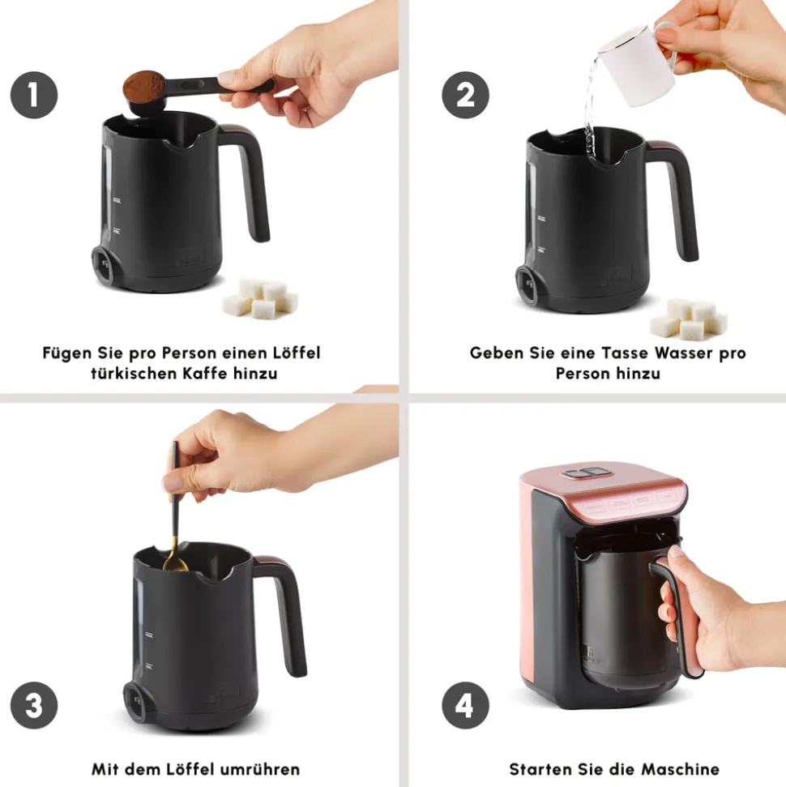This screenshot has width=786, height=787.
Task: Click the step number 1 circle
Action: click(34, 95)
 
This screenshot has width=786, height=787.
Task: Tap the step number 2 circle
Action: click(465, 95)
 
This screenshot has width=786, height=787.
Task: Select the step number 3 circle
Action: click(34, 705)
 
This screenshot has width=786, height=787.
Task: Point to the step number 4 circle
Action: click(465, 705)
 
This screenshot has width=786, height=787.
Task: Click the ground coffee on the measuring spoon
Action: click(144, 86)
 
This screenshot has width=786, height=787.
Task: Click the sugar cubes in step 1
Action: click(260, 298)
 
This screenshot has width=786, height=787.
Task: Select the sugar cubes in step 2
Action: click(689, 319)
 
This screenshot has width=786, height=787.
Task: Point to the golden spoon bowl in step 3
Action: click(175, 565)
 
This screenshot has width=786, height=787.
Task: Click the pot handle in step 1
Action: click(250, 181)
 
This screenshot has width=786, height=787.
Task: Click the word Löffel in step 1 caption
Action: click(296, 353)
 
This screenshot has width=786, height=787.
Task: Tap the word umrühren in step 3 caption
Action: click(260, 769)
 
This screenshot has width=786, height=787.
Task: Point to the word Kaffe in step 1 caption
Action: click(205, 374)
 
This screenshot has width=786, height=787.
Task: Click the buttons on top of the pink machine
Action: click(586, 473)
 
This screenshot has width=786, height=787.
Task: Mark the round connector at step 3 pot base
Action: click(135, 702)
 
